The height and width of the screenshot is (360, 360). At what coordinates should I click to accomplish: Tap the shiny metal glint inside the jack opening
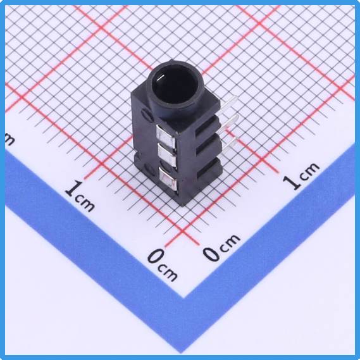click(x=159, y=78)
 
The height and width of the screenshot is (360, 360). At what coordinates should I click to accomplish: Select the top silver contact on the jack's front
click(x=165, y=137)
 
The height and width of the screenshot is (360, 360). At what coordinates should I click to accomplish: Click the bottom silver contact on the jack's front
click(x=168, y=178)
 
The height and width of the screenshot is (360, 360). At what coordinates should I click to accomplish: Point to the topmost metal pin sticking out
click(x=228, y=106)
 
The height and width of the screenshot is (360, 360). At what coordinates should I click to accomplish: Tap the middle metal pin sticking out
click(x=228, y=124)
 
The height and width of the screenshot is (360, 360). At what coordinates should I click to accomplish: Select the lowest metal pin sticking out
click(x=228, y=146)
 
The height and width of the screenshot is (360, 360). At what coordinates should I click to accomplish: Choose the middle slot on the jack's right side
click(x=208, y=146)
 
